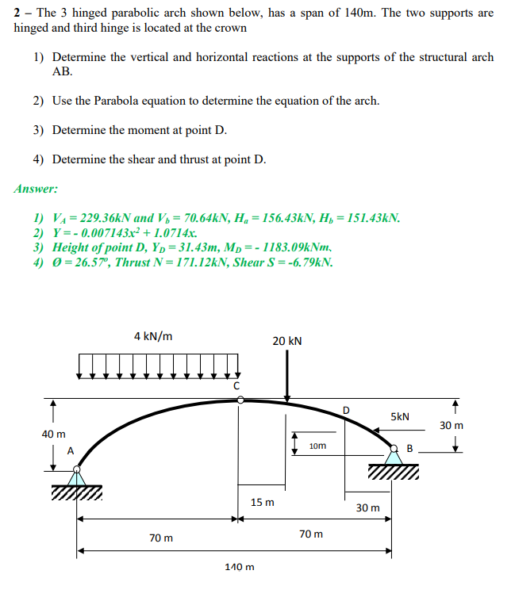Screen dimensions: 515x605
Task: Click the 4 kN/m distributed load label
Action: click(x=154, y=336)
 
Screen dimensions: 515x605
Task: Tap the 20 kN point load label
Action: click(x=286, y=341)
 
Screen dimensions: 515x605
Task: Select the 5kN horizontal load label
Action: click(x=400, y=416)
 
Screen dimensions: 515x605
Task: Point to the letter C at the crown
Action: click(x=236, y=385)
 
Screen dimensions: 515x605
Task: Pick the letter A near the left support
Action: click(x=70, y=450)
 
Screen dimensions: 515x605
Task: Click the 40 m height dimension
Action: click(x=53, y=434)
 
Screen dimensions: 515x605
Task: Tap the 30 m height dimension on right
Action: click(x=452, y=426)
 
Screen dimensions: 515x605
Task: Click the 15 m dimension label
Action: click(x=262, y=502)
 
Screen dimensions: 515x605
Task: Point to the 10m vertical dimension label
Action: click(x=317, y=446)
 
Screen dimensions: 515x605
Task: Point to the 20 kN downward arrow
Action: click(x=287, y=377)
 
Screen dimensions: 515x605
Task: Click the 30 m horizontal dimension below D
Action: click(x=367, y=507)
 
